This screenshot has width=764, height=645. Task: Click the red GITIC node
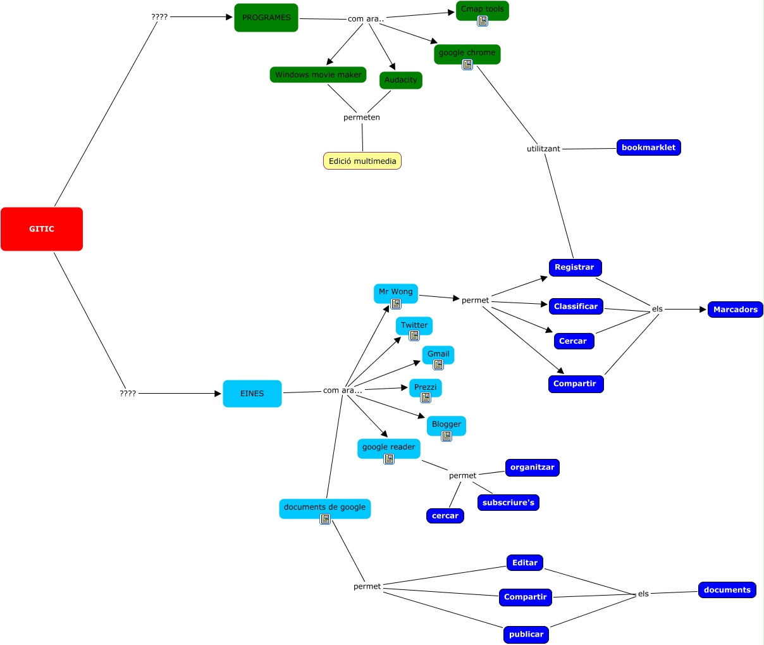42,229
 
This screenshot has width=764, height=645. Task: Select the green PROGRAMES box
266,18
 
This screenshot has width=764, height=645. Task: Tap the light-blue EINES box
252,394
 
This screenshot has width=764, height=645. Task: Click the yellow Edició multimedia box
362,161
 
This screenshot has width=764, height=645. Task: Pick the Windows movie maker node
318,75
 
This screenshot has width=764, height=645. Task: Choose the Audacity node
401,80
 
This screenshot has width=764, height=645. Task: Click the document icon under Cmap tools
483,21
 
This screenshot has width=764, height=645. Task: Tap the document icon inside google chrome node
467,64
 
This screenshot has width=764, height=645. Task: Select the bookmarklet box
648,147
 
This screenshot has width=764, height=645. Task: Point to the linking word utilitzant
543,149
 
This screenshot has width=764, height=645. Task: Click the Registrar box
574,267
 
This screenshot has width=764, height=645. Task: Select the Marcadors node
735,310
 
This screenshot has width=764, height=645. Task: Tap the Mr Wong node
395,292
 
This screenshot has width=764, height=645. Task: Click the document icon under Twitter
414,335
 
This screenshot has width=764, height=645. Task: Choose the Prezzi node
425,387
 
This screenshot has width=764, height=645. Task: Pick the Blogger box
447,424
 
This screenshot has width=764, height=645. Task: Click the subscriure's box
508,503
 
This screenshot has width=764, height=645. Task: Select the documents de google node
324,507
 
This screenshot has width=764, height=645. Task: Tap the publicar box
526,634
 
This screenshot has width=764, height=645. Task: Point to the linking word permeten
362,117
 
